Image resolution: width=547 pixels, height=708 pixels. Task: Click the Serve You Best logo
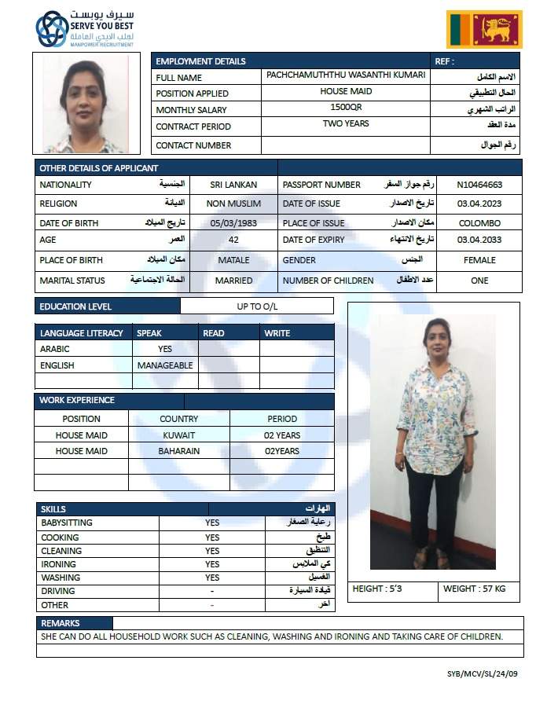[85, 28]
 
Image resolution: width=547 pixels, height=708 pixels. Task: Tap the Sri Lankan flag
[484, 30]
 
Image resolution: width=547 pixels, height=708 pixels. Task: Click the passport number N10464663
[479, 185]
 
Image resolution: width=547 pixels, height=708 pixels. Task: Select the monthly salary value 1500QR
[346, 106]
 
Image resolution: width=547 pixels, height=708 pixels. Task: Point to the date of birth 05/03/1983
[233, 223]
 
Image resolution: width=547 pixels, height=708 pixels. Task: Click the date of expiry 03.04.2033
[479, 240]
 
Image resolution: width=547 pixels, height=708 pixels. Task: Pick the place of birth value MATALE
[233, 260]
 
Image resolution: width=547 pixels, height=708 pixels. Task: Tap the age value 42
[233, 240]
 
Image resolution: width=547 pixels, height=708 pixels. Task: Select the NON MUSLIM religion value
[233, 204]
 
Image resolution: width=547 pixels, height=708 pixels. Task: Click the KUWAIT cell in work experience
[179, 435]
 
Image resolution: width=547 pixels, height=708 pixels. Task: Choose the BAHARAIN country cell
[179, 451]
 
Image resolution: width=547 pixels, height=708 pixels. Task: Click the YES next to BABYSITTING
[212, 523]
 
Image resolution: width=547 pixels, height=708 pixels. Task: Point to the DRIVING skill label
[58, 591]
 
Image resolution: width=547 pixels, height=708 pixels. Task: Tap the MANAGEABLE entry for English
[164, 365]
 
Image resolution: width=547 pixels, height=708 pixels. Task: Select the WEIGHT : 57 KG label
[475, 589]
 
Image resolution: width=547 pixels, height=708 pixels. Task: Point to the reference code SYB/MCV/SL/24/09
[483, 673]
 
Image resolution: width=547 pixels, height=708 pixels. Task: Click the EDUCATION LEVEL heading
[75, 306]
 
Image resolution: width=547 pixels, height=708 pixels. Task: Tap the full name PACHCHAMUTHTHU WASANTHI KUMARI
[346, 75]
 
